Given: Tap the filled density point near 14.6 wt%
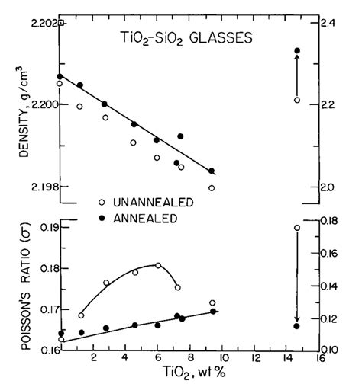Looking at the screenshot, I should click(x=297, y=51).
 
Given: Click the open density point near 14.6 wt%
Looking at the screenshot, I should click(x=297, y=100).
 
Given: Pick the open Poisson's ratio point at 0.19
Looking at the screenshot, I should click(x=297, y=228).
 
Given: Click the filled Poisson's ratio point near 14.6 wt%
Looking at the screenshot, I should click(x=297, y=326).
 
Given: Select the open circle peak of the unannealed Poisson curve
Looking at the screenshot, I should click(x=158, y=265).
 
